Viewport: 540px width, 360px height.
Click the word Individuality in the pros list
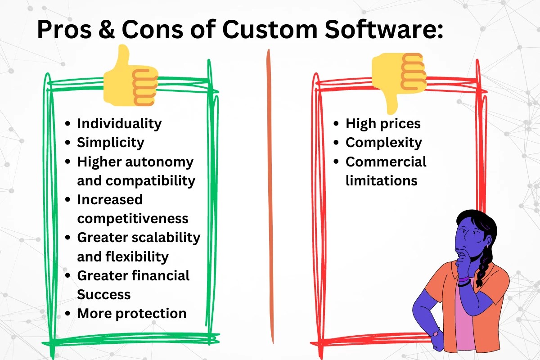[x=119, y=123]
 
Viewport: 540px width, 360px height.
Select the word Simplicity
[x=111, y=143]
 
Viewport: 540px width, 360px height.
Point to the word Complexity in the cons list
[x=383, y=143]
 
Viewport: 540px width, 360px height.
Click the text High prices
[x=383, y=123]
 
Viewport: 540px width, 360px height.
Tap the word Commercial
[x=386, y=162]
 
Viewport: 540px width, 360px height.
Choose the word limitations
[x=382, y=180]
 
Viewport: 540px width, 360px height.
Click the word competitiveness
[x=133, y=219]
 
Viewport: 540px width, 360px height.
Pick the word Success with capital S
[x=104, y=294]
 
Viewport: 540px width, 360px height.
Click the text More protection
[x=132, y=314]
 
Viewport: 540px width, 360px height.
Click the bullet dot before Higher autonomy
[x=68, y=162]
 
